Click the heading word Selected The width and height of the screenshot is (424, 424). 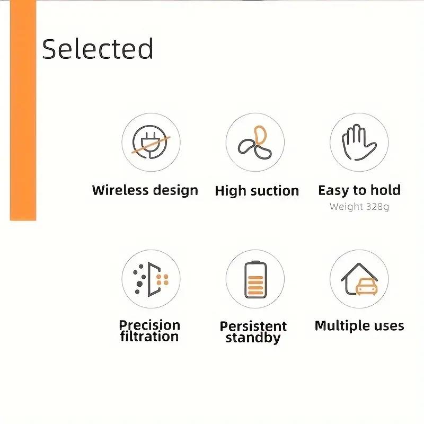click(98, 49)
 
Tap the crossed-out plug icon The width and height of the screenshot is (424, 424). click(151, 142)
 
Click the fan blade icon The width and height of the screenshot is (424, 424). click(255, 143)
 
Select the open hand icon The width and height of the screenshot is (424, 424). click(359, 142)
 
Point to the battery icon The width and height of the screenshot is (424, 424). click(255, 280)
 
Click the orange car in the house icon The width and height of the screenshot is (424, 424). click(366, 287)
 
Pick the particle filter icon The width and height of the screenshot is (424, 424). click(151, 279)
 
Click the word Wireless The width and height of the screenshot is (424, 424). click(120, 190)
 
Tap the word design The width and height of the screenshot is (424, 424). click(175, 191)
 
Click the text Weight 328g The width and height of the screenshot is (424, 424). click(359, 207)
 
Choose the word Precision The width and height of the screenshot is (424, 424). click(149, 325)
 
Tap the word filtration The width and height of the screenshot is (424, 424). click(149, 337)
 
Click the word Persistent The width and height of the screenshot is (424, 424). click(253, 326)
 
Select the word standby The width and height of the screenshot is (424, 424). click(253, 338)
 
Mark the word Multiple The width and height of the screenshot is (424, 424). click(341, 326)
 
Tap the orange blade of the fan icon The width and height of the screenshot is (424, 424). click(260, 135)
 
